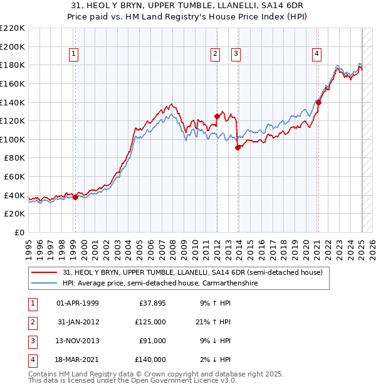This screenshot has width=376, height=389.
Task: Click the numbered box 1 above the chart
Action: (x=74, y=55)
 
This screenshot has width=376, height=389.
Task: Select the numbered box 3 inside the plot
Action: (x=236, y=55)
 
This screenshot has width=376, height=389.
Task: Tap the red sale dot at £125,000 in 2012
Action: (x=217, y=116)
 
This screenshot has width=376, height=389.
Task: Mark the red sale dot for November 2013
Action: (x=238, y=147)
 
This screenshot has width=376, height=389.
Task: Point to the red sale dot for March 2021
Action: (x=318, y=102)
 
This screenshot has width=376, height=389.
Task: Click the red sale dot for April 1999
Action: (x=75, y=197)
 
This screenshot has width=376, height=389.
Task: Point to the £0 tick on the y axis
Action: (x=20, y=232)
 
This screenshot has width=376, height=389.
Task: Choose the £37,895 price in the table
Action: (x=152, y=303)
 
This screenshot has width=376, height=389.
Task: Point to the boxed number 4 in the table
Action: (x=32, y=360)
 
